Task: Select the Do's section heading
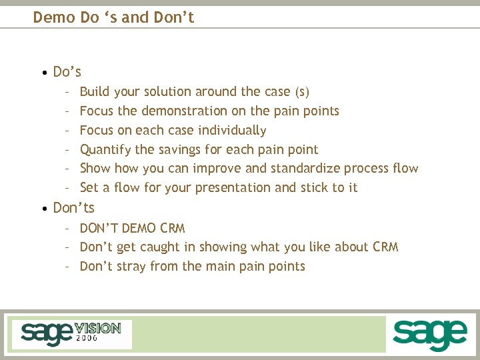(x=67, y=71)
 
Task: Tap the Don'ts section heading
(x=73, y=208)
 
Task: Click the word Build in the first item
(x=95, y=91)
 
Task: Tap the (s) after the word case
(x=302, y=92)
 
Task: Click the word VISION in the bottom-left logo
(x=97, y=328)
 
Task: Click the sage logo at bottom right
(x=429, y=334)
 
